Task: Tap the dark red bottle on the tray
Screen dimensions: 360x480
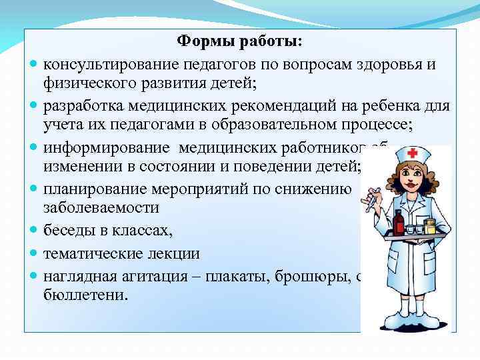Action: pos(399,223)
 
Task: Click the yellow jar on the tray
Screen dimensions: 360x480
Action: pos(430,227)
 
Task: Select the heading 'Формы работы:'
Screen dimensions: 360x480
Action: pos(239,41)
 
